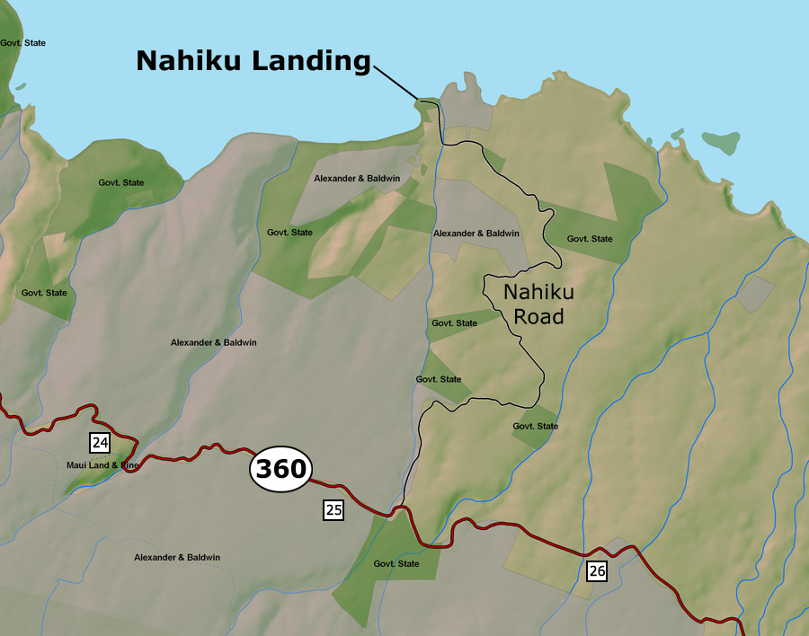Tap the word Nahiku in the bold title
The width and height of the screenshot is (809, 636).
[190, 61]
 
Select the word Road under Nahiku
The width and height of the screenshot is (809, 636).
[538, 316]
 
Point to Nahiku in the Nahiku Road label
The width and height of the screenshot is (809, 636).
[538, 293]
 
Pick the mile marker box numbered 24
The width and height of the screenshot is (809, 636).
[100, 442]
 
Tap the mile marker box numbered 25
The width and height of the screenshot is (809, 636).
[333, 510]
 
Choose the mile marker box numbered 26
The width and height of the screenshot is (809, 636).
[598, 570]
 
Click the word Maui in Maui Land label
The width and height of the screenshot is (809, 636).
[78, 465]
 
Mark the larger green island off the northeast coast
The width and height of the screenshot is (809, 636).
[721, 141]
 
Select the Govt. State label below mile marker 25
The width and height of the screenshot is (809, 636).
[396, 564]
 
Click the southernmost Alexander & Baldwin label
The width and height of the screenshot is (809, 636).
[177, 558]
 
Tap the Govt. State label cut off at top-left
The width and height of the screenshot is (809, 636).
[22, 43]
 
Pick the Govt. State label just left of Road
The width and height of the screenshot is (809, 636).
[455, 322]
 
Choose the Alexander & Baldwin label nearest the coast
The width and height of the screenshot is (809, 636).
[357, 179]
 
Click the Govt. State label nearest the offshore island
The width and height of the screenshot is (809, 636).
[590, 239]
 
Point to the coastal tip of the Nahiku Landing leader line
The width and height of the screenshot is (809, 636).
[418, 98]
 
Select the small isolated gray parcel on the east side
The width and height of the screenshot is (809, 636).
[755, 294]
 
